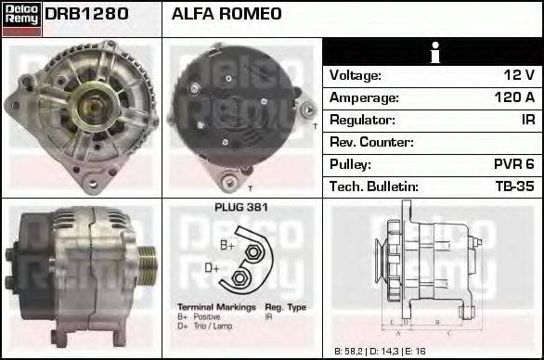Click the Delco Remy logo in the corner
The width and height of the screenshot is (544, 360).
(21, 18)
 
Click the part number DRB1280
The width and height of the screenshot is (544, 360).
(86, 15)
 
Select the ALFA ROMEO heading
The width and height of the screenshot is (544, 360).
(227, 15)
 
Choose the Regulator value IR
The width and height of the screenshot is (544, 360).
(526, 120)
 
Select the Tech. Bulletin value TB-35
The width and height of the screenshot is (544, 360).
(516, 186)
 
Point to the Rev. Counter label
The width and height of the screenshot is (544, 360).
(371, 142)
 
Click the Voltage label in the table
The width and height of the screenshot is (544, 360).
(356, 75)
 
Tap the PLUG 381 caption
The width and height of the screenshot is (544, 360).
(240, 208)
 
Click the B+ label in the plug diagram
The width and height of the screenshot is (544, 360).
(227, 245)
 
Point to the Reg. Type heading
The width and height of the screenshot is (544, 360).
(285, 306)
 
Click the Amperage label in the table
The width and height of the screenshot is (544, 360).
(364, 97)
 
